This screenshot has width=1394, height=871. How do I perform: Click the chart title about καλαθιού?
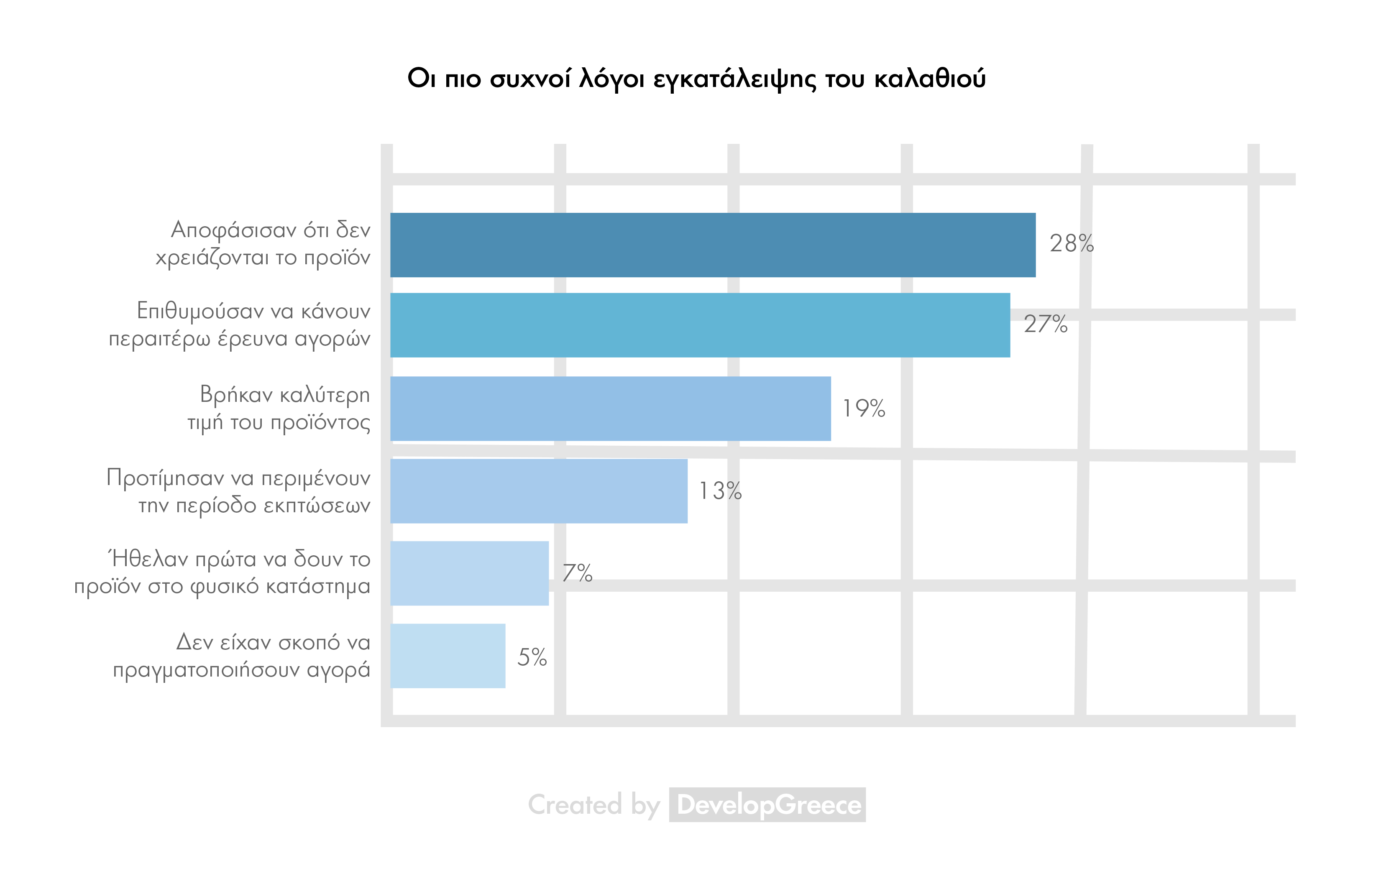click(696, 78)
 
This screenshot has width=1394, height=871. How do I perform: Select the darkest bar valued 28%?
click(713, 245)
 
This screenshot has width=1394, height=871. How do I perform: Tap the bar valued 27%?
click(700, 325)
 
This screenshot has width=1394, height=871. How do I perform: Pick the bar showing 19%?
click(610, 409)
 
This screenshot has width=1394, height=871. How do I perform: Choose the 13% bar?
click(539, 491)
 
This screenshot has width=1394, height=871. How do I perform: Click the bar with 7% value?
click(469, 573)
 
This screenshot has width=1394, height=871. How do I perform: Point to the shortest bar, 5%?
click(448, 656)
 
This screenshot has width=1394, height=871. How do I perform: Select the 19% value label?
click(864, 409)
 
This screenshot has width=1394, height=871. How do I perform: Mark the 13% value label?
click(720, 491)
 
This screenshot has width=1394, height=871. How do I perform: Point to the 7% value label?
click(577, 573)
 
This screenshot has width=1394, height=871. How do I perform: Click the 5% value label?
click(532, 657)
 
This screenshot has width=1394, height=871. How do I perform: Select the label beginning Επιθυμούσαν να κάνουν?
click(240, 325)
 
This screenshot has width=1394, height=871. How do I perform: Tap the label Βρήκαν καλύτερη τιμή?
click(279, 409)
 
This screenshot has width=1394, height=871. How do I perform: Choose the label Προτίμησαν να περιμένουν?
click(238, 491)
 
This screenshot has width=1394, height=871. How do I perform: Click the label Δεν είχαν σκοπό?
click(242, 656)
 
